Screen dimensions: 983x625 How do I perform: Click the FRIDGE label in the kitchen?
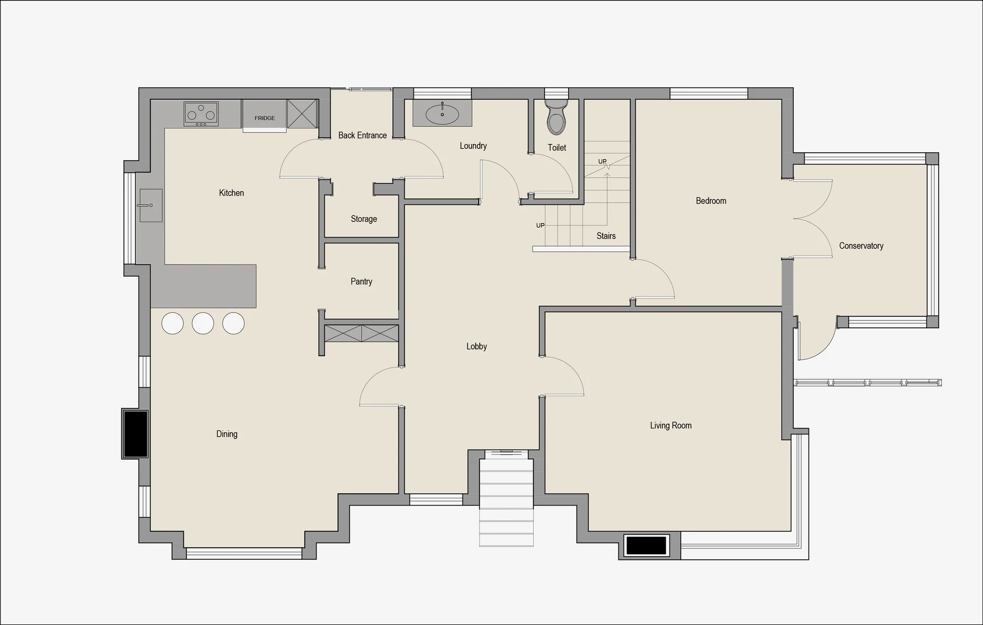coord(264,118)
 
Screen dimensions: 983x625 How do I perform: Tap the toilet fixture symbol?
coord(556,117)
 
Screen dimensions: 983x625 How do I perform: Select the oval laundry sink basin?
coord(442,114)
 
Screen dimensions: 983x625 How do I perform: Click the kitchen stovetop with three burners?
coord(201,114)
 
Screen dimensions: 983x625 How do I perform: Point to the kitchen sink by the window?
coord(151,205)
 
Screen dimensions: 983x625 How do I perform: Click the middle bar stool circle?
coord(203,323)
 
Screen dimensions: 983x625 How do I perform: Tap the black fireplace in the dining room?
coord(135,434)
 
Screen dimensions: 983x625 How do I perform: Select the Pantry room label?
coord(361,282)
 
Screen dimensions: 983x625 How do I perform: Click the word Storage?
coord(364,219)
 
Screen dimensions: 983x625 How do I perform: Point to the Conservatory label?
coord(861,246)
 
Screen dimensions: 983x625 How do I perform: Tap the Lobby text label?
coord(477,346)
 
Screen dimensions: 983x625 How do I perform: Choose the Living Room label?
coord(671,426)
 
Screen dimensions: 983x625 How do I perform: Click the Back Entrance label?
coord(362,135)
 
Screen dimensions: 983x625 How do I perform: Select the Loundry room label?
coord(473,145)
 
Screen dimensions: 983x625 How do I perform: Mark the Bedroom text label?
coord(711,200)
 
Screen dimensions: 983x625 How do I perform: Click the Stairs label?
coord(606,236)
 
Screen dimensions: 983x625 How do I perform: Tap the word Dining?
coord(227,434)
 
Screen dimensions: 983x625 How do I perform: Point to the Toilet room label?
coord(557,147)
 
